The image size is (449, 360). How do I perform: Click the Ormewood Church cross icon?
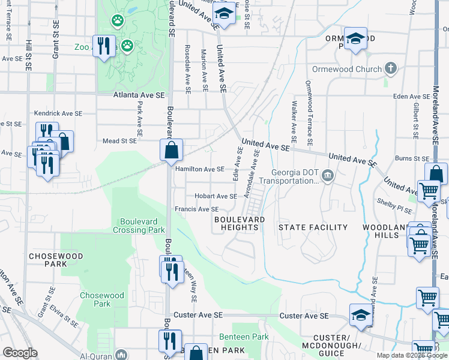(391, 68)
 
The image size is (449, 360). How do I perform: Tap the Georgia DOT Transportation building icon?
(327, 176)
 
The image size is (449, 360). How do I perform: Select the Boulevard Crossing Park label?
(138, 226)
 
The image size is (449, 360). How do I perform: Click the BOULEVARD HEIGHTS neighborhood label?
(240, 224)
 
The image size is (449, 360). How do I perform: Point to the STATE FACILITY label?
(313, 227)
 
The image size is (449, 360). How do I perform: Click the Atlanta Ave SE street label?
(139, 95)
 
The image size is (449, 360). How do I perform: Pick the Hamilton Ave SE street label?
(199, 169)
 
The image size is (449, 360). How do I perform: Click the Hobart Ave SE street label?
(215, 196)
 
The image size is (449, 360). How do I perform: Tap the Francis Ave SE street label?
(196, 209)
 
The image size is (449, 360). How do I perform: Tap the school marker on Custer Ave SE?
(360, 315)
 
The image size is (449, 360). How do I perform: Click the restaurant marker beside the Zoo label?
(104, 46)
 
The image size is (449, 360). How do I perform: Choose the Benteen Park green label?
(244, 337)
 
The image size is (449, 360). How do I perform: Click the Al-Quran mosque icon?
(122, 354)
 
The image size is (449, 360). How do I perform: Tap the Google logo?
(20, 353)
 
